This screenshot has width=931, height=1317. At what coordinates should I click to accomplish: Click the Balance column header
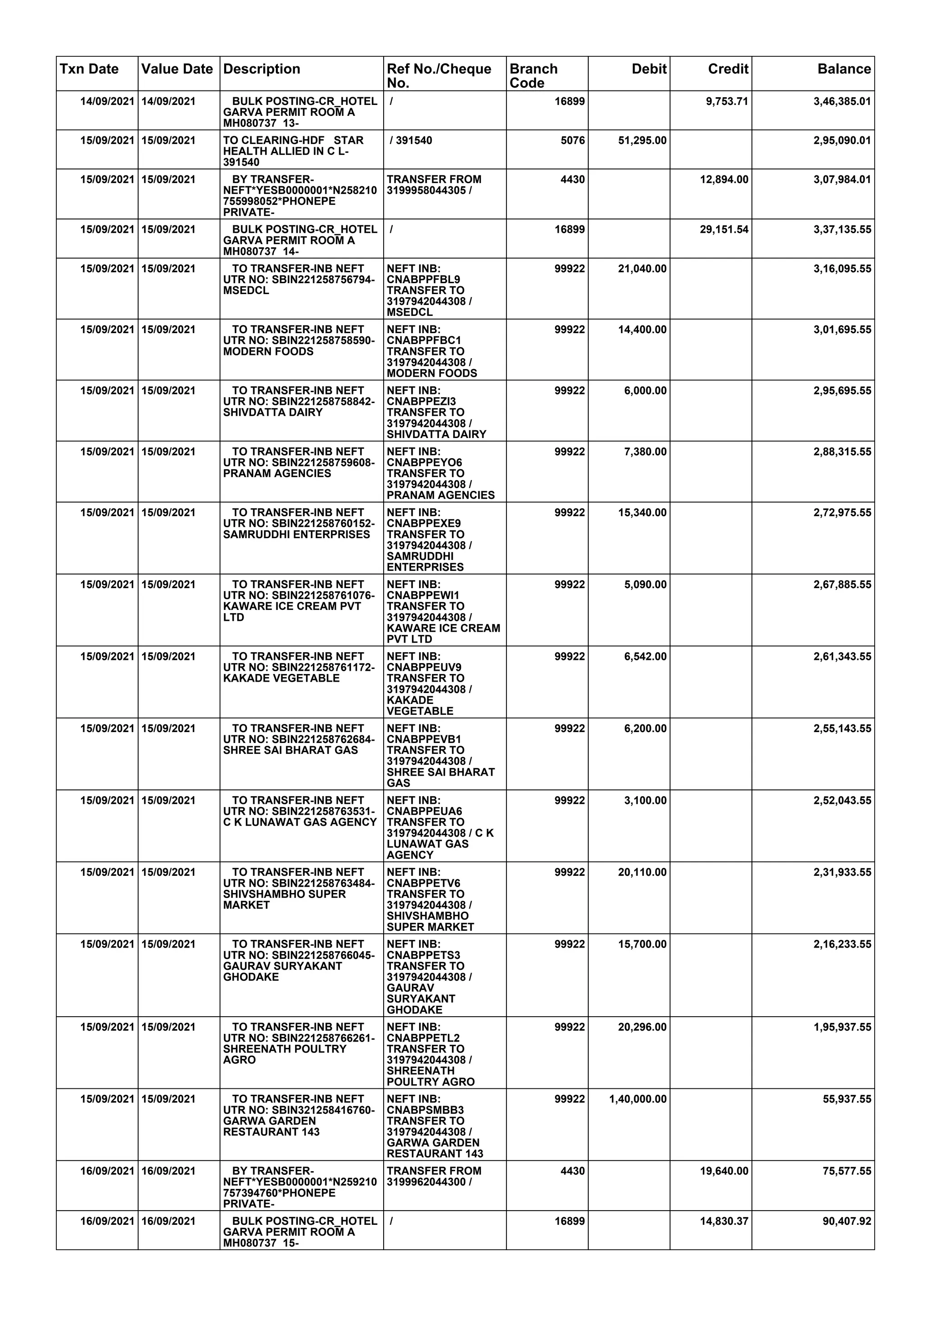(x=844, y=70)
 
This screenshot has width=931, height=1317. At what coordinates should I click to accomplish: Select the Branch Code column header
(x=534, y=76)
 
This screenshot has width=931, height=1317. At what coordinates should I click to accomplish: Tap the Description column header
(x=261, y=70)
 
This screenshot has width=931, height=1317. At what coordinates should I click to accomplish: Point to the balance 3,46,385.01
(x=841, y=101)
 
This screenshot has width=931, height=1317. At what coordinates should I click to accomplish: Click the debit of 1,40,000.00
(x=638, y=1099)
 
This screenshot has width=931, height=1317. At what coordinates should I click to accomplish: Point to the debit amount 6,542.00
(x=646, y=656)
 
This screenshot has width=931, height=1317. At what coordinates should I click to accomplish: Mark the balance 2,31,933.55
(x=841, y=872)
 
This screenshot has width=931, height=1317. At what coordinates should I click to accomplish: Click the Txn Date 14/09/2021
(x=107, y=101)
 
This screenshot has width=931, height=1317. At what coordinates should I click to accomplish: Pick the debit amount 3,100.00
(x=646, y=800)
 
